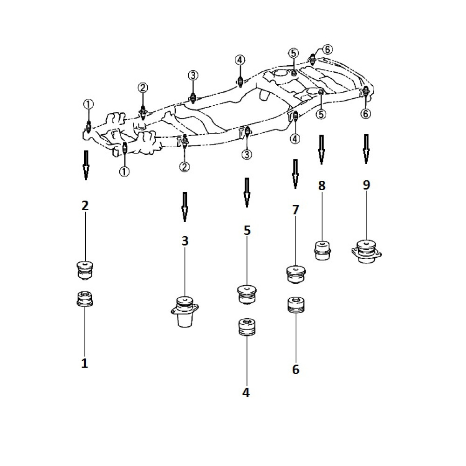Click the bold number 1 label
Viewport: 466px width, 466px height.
point(85,363)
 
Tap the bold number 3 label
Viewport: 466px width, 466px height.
point(185,241)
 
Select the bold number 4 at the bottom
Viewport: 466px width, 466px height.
point(246,392)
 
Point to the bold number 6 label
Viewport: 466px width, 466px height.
point(295,370)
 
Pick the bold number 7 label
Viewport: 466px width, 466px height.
point(295,210)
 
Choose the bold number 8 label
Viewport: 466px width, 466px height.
point(322,185)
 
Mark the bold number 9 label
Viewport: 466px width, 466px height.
point(366,185)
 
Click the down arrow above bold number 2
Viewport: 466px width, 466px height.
point(86,165)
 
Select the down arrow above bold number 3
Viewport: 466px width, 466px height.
point(185,207)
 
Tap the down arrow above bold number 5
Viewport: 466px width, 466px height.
point(247,192)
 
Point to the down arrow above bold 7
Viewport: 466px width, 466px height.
point(295,174)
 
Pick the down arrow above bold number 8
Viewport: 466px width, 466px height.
point(321,150)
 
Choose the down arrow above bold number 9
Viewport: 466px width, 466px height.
point(366,149)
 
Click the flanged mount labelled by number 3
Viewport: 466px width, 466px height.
point(185,312)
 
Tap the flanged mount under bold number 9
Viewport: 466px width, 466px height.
point(366,251)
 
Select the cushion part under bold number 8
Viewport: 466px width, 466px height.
point(322,251)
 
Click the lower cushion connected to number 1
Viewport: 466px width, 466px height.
point(85,299)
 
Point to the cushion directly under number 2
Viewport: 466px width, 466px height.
point(85,270)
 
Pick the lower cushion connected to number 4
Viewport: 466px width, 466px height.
point(247,327)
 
